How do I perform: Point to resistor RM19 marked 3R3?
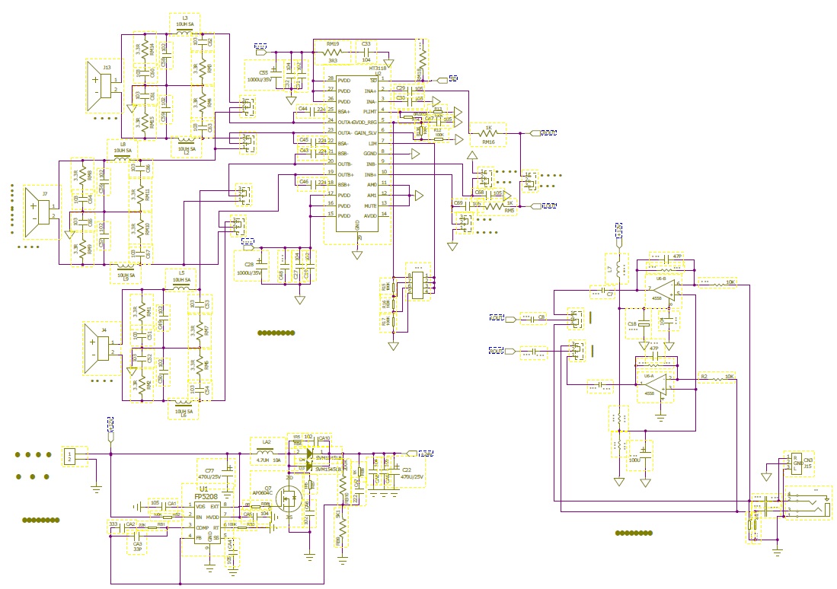(x=333, y=53)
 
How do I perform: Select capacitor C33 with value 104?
(x=366, y=53)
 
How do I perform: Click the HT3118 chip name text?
(x=378, y=68)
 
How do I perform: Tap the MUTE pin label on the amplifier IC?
(x=369, y=205)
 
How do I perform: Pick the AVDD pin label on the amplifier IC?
(x=369, y=215)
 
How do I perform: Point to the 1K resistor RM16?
(x=488, y=134)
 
